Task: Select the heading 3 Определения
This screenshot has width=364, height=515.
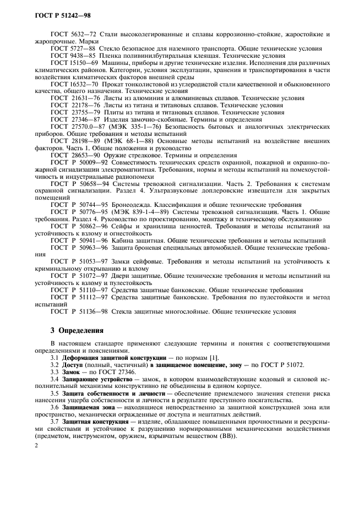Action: (76, 331)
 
